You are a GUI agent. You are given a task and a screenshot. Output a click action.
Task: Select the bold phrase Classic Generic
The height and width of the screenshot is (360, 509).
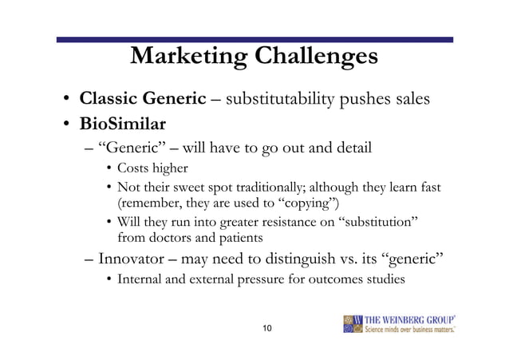(143, 99)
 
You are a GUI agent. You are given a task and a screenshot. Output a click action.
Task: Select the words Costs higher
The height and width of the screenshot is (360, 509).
(152, 168)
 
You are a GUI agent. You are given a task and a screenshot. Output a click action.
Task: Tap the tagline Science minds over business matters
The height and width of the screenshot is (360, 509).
(410, 330)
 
